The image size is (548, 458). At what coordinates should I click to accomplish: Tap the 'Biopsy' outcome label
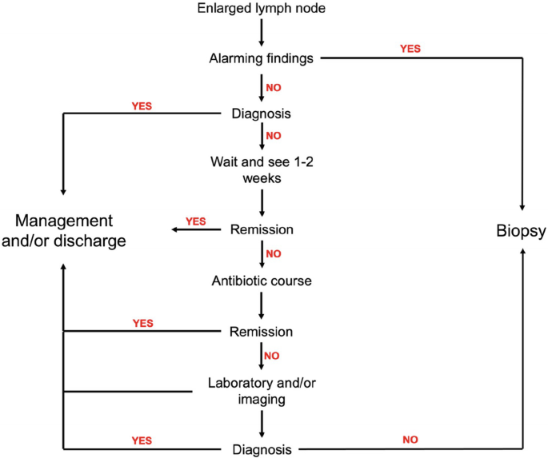pos(520,231)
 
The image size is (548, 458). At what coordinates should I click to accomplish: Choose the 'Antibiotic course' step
pos(262,281)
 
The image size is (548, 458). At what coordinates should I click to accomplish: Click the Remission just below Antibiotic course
pos(262,331)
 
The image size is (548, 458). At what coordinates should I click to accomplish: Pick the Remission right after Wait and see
pos(262,230)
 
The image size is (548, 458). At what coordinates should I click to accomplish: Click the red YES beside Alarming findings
pos(410,48)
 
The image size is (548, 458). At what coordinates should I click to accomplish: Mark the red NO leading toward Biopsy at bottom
pos(410,439)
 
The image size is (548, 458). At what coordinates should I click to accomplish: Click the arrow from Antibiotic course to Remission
pos(262,305)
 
